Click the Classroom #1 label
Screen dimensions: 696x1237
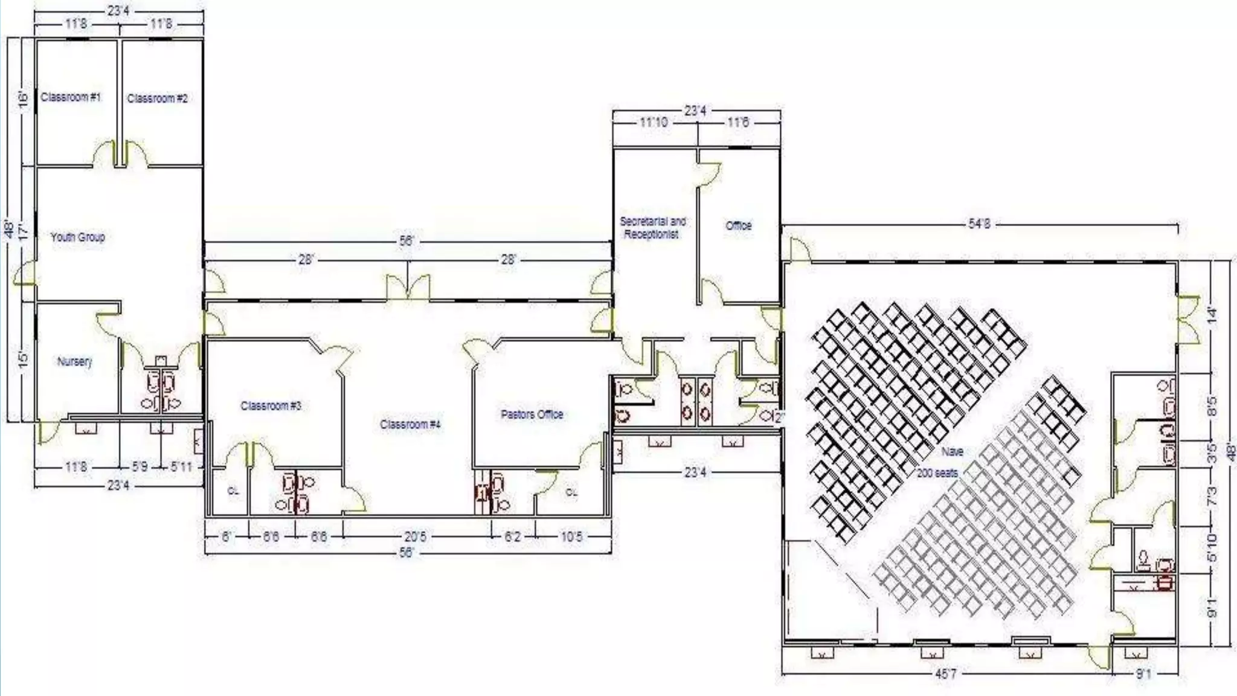71,97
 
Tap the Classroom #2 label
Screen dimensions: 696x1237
157,98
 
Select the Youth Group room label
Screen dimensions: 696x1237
77,237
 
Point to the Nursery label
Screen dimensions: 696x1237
74,361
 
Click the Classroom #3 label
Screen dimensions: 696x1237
271,405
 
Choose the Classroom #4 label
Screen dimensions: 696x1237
410,424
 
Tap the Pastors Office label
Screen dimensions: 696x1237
532,414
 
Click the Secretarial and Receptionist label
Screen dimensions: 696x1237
652,228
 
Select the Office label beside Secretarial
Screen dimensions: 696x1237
738,225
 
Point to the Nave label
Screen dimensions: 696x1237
952,451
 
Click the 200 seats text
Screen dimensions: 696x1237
937,473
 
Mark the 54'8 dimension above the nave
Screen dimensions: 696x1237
979,224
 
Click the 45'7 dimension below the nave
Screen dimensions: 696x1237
945,674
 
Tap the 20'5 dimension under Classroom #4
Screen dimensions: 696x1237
416,536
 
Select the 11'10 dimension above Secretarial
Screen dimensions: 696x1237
654,123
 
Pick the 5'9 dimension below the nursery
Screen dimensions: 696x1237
140,467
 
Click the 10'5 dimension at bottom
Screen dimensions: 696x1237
571,536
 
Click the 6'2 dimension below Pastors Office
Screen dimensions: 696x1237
512,536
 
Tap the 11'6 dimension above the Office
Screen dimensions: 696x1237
738,123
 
